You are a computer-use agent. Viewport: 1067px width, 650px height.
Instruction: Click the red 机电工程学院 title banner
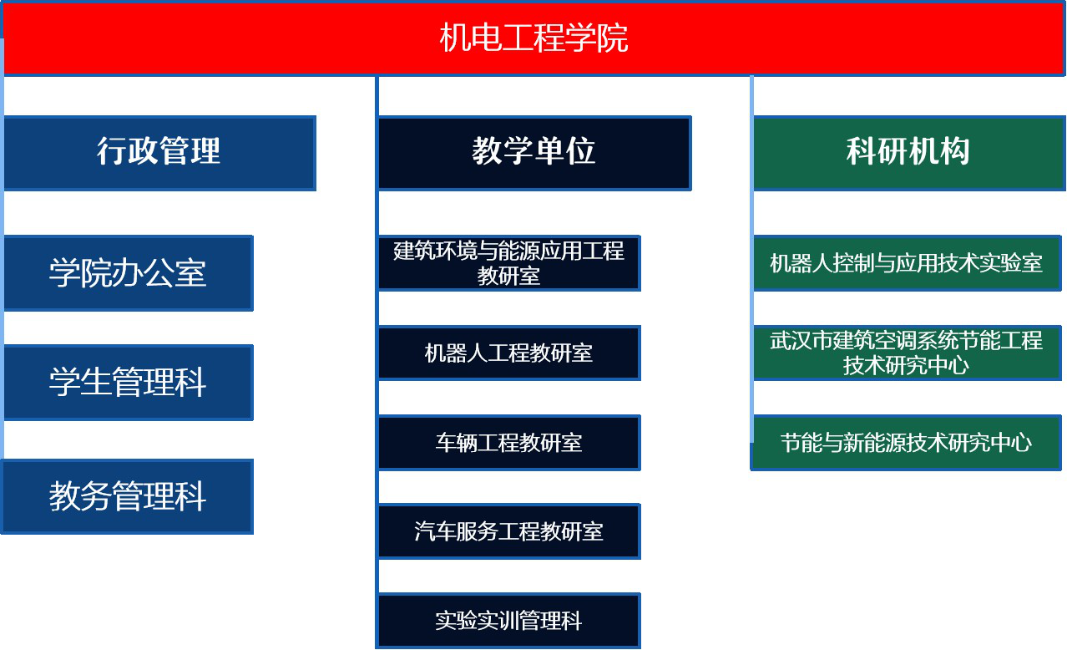point(533,38)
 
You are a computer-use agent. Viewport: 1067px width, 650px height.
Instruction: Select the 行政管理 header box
point(160,153)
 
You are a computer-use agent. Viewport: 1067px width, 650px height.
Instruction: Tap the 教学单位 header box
point(534,153)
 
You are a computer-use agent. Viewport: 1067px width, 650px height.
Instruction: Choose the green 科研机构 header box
point(909,153)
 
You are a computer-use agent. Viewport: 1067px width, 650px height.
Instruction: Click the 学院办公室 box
point(129,272)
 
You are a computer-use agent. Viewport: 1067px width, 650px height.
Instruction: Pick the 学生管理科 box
point(129,382)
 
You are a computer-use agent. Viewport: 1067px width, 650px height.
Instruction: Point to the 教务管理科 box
point(128,496)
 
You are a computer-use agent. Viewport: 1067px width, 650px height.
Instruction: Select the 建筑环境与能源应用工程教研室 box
point(509,263)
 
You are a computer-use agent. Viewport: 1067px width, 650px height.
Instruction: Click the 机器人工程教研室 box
point(509,353)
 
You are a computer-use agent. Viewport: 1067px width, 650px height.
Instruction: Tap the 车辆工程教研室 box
point(509,442)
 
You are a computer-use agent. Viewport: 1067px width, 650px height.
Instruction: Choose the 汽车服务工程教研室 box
point(509,531)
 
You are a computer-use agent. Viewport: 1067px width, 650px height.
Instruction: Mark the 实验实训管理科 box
point(509,621)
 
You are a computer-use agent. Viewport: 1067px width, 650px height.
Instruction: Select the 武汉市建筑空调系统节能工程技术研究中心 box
point(907,353)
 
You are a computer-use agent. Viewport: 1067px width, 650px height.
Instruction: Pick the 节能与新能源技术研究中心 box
point(906,442)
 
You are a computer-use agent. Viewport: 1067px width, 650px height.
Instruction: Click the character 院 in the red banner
point(613,38)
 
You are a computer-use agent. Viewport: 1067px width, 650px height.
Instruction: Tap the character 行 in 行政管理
point(113,151)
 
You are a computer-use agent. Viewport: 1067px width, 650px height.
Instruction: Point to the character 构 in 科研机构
point(954,151)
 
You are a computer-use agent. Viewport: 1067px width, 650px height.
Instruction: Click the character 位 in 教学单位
point(580,151)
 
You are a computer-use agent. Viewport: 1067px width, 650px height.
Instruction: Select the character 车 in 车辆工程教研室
point(446,443)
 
